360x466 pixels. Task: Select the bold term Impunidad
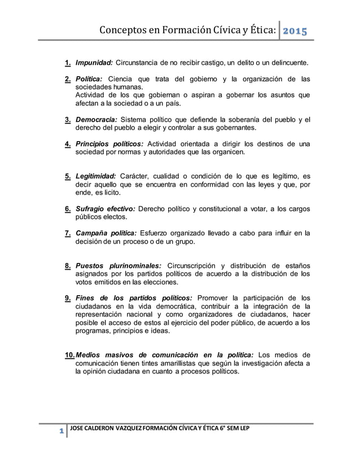click(94, 61)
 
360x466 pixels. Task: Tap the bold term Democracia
click(99, 120)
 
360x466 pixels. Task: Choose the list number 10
click(69, 355)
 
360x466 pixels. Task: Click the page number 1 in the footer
click(60, 431)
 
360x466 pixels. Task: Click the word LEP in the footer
click(243, 429)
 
